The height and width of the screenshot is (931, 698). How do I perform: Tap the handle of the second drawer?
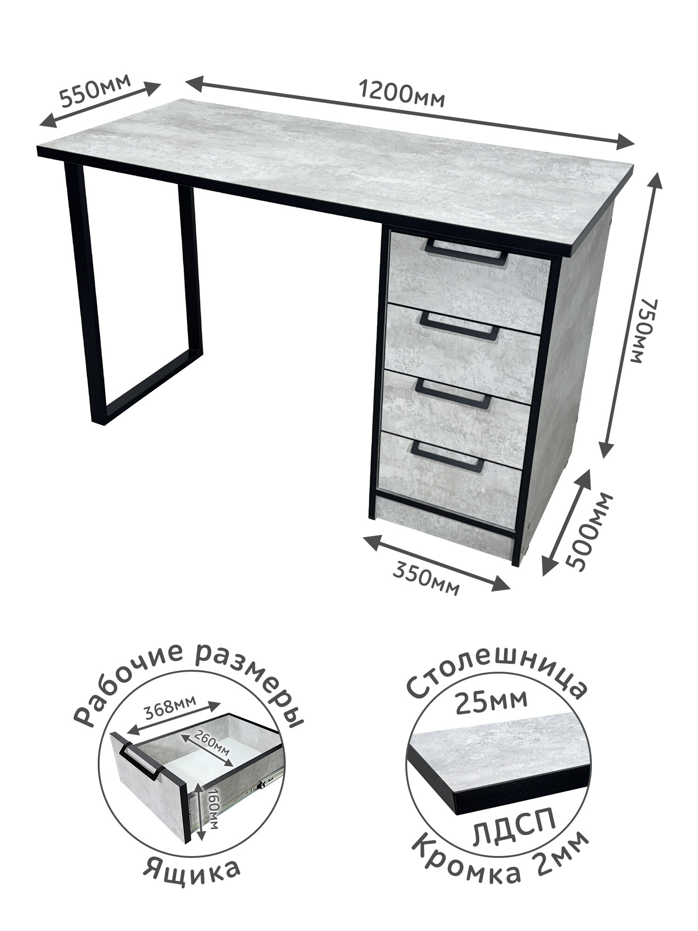[x=460, y=323]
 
